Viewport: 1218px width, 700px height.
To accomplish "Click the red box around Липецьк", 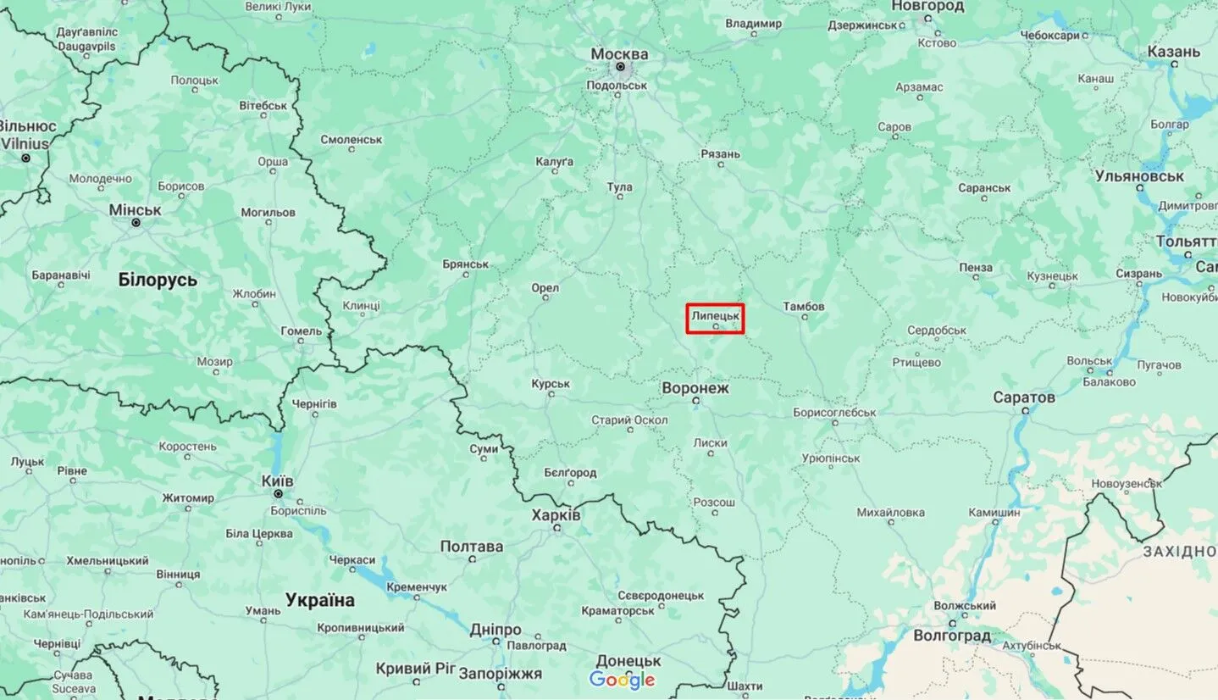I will coord(715,319).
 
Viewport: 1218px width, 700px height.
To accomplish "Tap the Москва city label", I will coord(619,54).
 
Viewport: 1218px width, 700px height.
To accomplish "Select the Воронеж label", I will coord(695,388).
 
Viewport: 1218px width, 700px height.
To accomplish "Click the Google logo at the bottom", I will coord(623,680).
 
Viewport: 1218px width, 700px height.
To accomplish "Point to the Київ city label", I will coord(278,481).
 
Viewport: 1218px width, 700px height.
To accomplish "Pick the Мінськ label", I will coord(135,209).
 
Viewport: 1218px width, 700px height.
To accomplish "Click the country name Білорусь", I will coord(158,280).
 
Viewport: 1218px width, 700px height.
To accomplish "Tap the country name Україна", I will coord(320,600).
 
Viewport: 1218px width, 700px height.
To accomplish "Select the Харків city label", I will coord(556,514).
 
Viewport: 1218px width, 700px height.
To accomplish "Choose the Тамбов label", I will coord(804,306).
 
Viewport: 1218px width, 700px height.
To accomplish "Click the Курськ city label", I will coord(551,384).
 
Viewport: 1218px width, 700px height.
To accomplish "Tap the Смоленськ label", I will coord(352,139).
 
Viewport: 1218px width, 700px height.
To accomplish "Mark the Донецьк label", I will coord(628,660).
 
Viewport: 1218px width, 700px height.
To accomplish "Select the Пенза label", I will coord(976,267).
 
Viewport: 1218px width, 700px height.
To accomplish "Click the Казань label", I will coord(1174,52).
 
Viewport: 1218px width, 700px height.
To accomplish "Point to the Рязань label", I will coord(721,153).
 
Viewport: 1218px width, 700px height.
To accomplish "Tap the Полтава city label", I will coord(472,547).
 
